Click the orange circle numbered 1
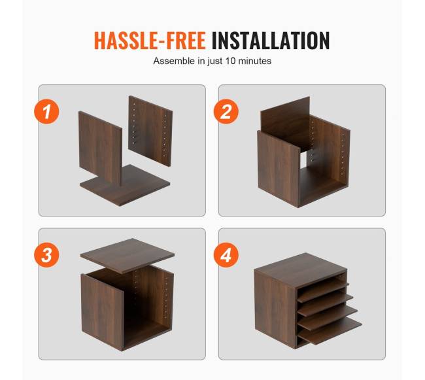[x=46, y=112]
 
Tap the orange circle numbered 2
[x=226, y=112]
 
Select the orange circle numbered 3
[x=46, y=255]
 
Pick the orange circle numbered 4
[x=226, y=255]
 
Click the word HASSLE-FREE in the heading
[x=150, y=41]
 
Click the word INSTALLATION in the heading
[x=271, y=41]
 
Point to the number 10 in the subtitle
[x=231, y=61]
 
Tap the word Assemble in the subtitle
[x=175, y=61]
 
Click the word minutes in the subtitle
[x=254, y=61]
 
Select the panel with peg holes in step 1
[x=150, y=131]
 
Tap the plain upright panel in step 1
[x=100, y=148]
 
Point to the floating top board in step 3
[x=127, y=256]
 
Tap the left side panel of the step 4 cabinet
[x=275, y=308]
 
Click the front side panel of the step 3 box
[x=102, y=312]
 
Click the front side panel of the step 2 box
[x=279, y=169]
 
